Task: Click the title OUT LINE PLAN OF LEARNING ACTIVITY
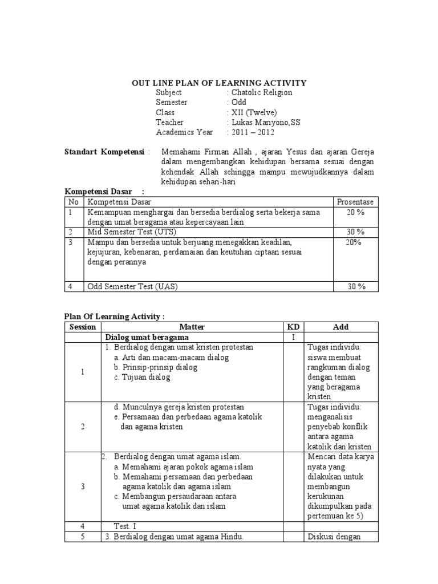(220, 83)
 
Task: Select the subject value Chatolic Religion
(261, 92)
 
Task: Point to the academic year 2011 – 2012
(252, 132)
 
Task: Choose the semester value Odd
(237, 102)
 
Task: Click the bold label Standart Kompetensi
(106, 152)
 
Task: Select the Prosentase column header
(356, 202)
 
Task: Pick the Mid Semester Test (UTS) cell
(132, 232)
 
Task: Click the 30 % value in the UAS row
(356, 287)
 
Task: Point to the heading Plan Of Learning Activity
(114, 317)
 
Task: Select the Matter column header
(192, 327)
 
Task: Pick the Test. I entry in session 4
(125, 526)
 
